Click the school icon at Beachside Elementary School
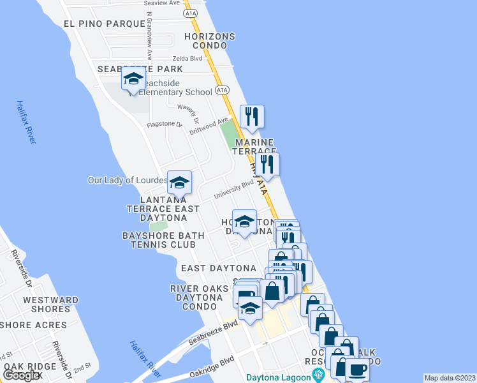[x=133, y=79]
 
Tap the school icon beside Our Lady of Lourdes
[x=179, y=183]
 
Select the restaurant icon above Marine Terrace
[x=252, y=116]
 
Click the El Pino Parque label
[x=105, y=24]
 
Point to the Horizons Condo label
[x=210, y=41]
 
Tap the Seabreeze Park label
[x=140, y=69]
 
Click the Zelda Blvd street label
[x=187, y=58]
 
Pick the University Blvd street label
[x=233, y=187]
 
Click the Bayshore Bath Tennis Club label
[x=164, y=240]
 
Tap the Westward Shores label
[x=51, y=304]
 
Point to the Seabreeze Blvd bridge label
[x=213, y=333]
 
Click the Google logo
[x=22, y=376]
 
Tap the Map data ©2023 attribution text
[x=450, y=378]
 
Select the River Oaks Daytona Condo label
[x=199, y=297]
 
